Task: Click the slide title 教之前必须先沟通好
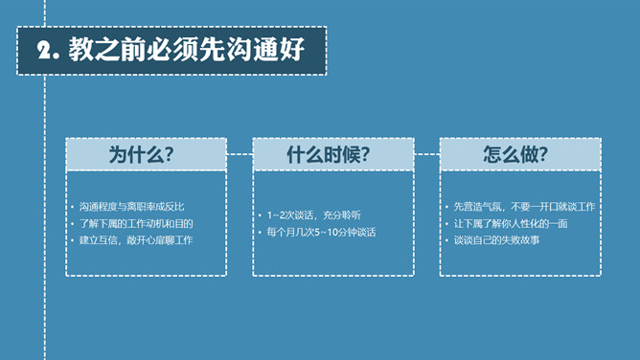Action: [186, 51]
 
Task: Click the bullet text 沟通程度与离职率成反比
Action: [131, 207]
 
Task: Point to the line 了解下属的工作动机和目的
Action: [136, 223]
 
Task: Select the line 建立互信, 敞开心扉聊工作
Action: [136, 239]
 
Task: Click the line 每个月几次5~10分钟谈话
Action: [322, 233]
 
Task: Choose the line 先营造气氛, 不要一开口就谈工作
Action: [524, 207]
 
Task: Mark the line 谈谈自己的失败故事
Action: [496, 239]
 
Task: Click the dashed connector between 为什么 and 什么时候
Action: [240, 153]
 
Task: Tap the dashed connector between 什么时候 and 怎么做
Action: [426, 153]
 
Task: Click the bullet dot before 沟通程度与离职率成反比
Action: [73, 208]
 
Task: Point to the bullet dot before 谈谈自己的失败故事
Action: [447, 240]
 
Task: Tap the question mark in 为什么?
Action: [169, 154]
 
